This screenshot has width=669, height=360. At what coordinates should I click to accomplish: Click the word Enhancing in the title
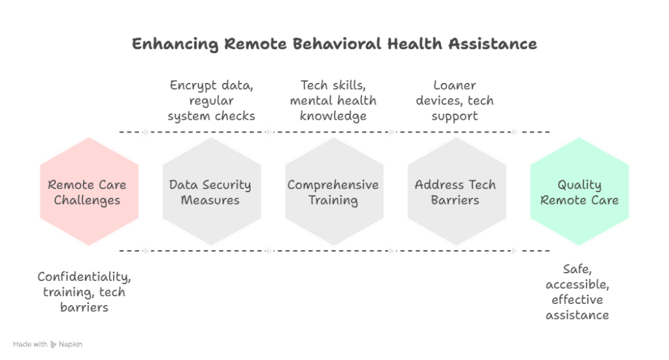(174, 44)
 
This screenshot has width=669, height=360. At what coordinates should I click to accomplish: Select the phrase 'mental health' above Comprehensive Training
(333, 101)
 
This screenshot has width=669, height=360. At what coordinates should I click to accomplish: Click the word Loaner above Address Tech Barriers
(455, 86)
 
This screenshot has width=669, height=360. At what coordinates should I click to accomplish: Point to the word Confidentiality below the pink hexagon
(84, 277)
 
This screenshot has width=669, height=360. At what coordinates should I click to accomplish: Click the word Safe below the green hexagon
(577, 269)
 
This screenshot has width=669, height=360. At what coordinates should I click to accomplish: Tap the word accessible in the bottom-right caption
(578, 285)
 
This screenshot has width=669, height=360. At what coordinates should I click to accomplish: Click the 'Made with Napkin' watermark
(48, 344)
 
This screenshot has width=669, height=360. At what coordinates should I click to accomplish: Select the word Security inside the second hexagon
(226, 185)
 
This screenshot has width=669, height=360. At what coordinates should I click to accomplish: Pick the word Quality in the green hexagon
(579, 185)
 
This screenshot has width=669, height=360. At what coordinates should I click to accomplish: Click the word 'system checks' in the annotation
(211, 116)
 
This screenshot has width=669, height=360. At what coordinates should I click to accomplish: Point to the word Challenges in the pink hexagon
(87, 201)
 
